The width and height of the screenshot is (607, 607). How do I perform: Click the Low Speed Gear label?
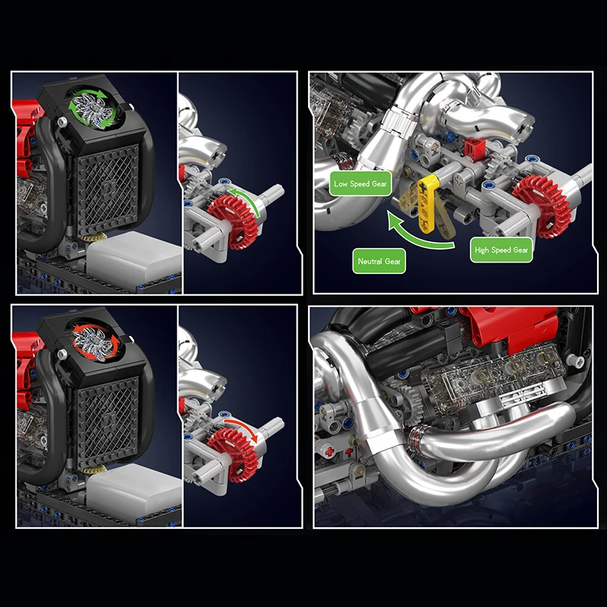pos(360,184)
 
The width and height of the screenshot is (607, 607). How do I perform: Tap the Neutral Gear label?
pos(379,262)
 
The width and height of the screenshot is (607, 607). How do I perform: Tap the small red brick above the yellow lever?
pos(474,148)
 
